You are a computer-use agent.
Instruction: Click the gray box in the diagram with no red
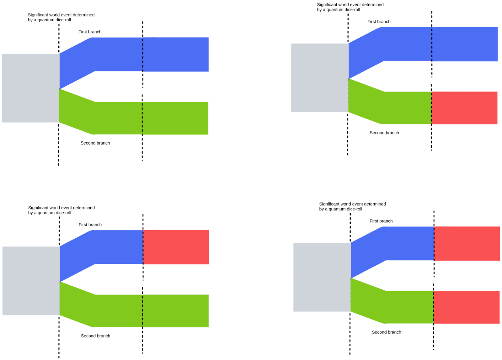tap(31, 88)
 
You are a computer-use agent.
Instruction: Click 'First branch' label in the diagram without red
tap(90, 32)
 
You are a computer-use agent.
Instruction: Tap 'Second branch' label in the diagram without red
tap(95, 143)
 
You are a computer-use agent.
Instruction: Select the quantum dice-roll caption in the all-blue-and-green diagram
tap(61, 17)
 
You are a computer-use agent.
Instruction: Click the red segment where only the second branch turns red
tap(464, 108)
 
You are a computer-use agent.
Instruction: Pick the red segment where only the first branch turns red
tap(176, 247)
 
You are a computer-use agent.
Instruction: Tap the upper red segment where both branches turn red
tap(467, 244)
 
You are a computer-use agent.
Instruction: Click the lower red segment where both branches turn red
tap(467, 307)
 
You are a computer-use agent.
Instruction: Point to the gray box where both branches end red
tap(322, 277)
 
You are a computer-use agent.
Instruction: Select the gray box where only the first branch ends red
tap(31, 281)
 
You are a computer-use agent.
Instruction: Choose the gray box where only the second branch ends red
tap(320, 78)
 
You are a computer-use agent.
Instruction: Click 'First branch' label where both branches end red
tap(381, 221)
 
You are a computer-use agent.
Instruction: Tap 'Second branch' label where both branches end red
tap(386, 332)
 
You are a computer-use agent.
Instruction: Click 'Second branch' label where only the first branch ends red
tap(95, 336)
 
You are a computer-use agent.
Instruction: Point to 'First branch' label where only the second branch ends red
tap(379, 22)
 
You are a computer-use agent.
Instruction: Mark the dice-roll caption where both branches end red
tap(352, 206)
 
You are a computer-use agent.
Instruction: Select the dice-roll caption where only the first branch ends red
tap(61, 210)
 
